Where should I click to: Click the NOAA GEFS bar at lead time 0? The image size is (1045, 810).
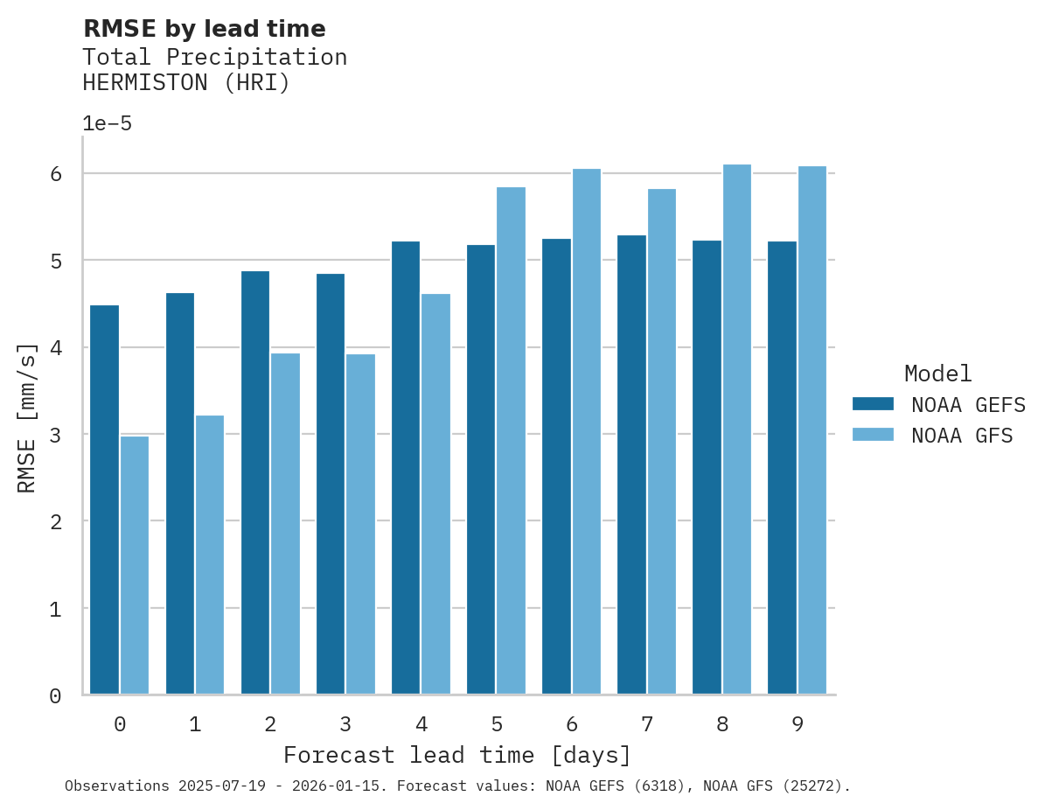[x=104, y=499]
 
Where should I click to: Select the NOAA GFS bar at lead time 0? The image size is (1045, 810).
[x=135, y=565]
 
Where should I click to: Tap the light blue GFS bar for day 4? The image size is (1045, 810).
[x=435, y=494]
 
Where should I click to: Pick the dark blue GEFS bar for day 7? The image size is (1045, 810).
[x=631, y=464]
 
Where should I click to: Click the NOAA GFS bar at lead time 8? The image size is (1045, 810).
[x=736, y=429]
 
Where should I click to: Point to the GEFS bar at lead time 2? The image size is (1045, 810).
[x=255, y=483]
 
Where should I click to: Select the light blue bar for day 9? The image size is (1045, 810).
[x=812, y=430]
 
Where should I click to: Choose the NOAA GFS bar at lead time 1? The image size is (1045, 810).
[x=210, y=555]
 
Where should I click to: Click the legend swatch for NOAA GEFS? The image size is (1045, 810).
[x=873, y=403]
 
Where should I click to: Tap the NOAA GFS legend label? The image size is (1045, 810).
[x=962, y=435]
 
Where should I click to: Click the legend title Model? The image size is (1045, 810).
[x=937, y=374]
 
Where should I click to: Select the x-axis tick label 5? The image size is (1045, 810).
[x=497, y=724]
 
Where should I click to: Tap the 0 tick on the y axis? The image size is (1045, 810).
[x=55, y=695]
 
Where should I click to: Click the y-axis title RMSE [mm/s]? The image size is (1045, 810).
[x=27, y=417]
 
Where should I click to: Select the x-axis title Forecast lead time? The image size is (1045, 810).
[x=456, y=755]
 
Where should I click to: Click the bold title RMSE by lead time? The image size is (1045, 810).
[x=204, y=29]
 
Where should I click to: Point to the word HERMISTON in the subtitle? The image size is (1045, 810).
[x=144, y=83]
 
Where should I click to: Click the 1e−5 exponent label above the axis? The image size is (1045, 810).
[x=107, y=123]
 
